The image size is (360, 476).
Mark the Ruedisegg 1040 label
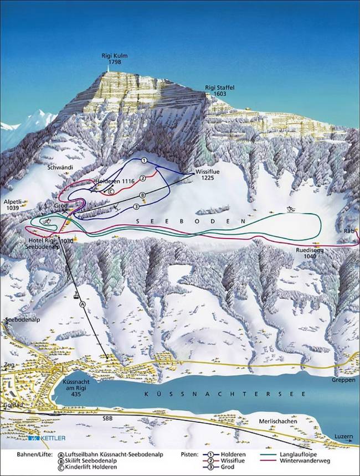point(308,253)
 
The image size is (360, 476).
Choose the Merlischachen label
point(277,421)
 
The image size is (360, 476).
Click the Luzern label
point(343,437)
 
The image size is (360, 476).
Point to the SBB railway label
point(107,419)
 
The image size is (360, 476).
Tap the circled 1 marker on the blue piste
point(144,160)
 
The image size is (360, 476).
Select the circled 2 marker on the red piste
point(142,178)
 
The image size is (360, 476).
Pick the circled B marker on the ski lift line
point(142,195)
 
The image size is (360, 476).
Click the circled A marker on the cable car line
point(82,304)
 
